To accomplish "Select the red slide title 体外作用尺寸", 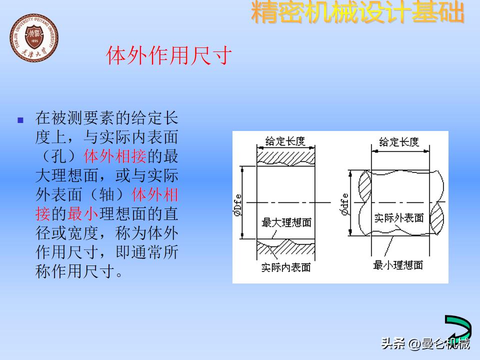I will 169,55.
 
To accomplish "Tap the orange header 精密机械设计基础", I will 357,13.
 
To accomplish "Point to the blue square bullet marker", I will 20,120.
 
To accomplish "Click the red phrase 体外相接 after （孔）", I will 115,157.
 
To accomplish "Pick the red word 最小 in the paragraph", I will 83,214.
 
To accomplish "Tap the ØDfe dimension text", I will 237,204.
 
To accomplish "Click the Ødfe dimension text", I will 344,204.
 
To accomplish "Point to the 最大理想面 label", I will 286,221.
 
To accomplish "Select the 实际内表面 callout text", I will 286,267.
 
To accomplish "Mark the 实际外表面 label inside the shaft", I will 399,217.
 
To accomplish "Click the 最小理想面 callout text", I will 398,265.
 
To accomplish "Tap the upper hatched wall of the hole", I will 286,156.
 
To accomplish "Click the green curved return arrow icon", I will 457,328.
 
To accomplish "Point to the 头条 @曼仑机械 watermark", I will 425,343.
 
